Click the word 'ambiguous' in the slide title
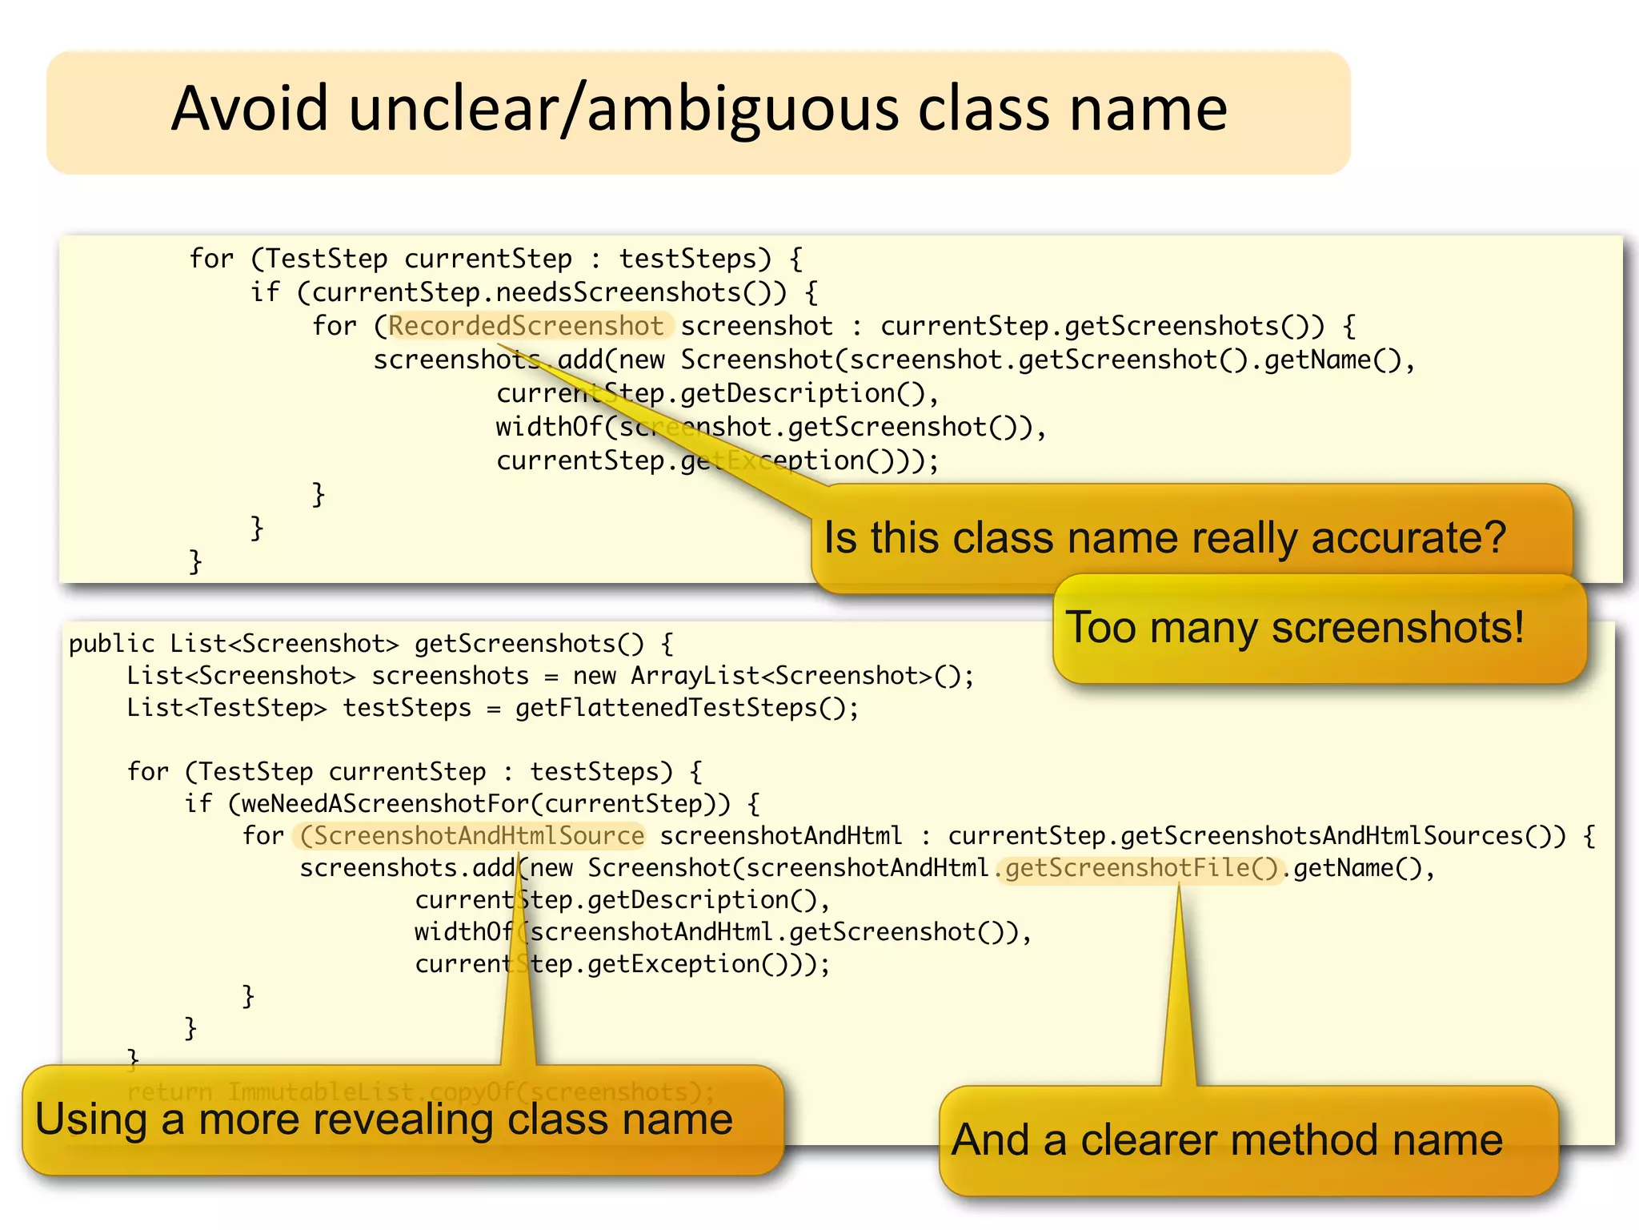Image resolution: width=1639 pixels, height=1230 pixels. click(744, 110)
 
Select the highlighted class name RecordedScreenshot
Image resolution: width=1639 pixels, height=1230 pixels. click(526, 326)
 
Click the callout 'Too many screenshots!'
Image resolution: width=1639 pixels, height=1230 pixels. click(1295, 627)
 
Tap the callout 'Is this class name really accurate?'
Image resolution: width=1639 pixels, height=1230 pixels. click(1164, 537)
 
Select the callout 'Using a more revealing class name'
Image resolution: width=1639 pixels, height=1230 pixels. click(384, 1119)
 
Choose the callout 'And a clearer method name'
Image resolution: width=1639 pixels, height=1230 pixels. click(1227, 1140)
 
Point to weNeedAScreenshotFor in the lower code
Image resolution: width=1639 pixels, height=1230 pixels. click(384, 804)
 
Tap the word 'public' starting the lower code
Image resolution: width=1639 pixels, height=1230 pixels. click(111, 644)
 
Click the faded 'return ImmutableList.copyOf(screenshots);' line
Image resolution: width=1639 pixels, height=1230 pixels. click(420, 1091)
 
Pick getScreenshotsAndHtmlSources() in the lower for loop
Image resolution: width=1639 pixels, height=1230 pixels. click(1336, 836)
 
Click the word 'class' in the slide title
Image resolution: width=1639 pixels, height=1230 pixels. click(984, 110)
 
